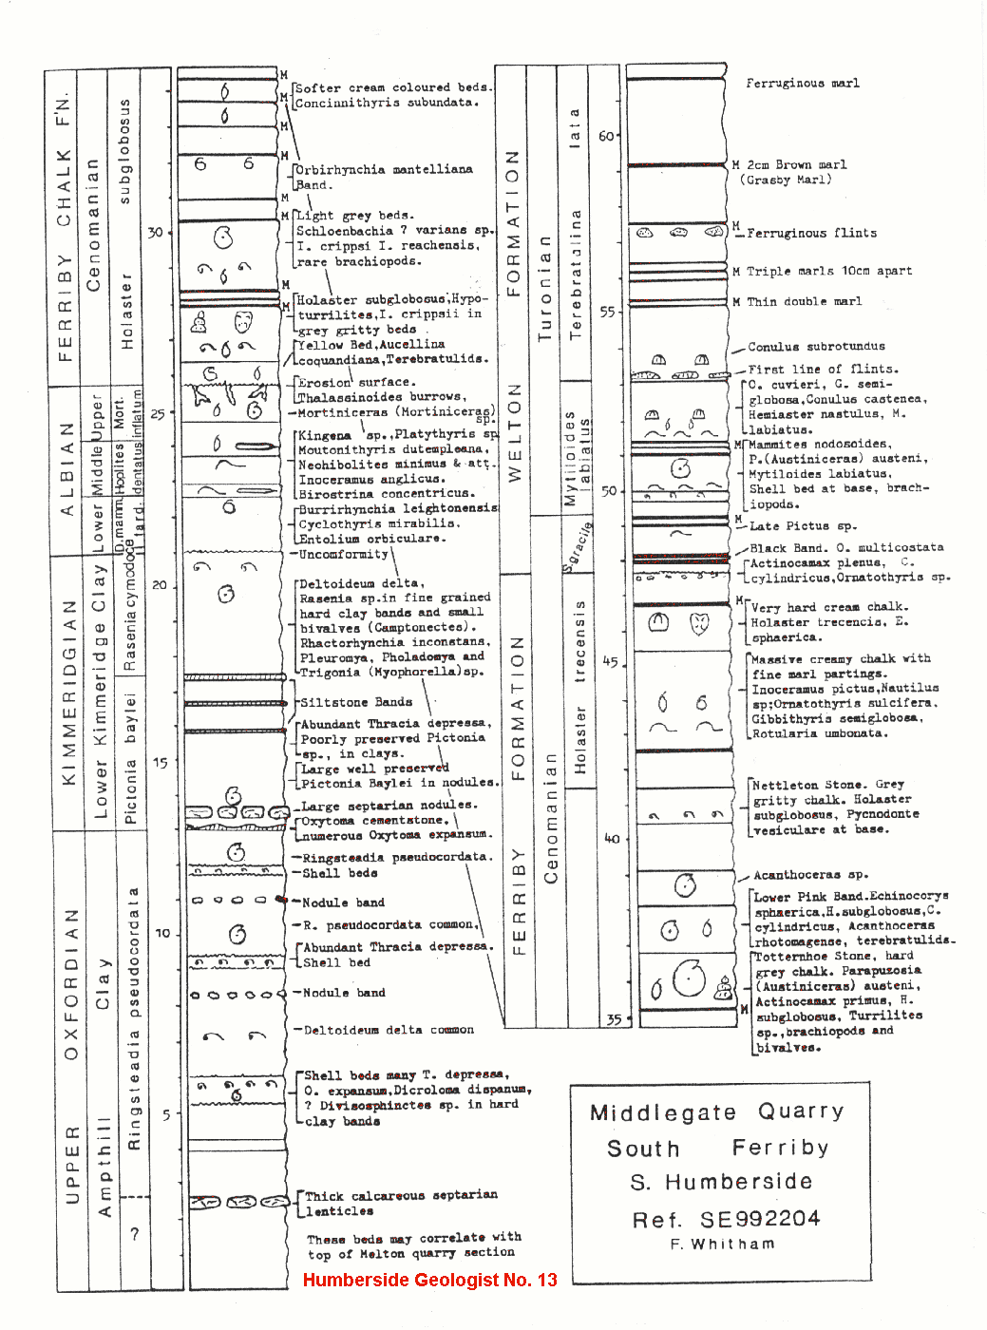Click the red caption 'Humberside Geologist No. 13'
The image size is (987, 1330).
coord(429,1280)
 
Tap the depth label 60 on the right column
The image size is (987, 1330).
coord(606,136)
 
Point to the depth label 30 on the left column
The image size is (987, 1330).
coord(155,232)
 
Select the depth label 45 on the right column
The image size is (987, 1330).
coord(610,662)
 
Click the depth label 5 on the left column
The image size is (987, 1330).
coord(165,1114)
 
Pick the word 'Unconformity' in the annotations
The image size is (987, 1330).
coord(344,554)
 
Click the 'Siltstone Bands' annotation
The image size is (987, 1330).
coord(356,702)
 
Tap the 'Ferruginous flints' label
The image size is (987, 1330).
coord(811,233)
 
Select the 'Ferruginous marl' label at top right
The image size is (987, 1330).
coord(802,84)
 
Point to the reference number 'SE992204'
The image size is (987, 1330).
coord(760,1219)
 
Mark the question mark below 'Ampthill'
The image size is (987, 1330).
coord(135,1234)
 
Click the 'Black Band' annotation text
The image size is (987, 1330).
coord(784,548)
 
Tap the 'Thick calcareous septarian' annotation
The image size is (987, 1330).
coord(401,1195)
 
